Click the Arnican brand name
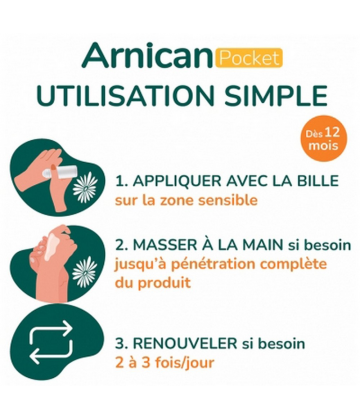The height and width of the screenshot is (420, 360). [148, 56]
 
